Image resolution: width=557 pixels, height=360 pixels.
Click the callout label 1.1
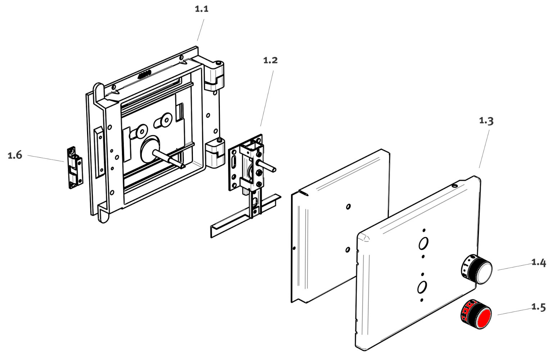click(201, 9)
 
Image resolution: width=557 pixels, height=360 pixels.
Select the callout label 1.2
click(270, 60)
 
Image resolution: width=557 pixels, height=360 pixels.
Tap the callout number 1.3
click(486, 121)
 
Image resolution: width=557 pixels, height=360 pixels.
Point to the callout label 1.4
click(539, 263)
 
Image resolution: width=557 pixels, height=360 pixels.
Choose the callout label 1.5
click(539, 307)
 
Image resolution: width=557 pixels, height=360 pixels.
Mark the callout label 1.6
click(15, 156)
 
